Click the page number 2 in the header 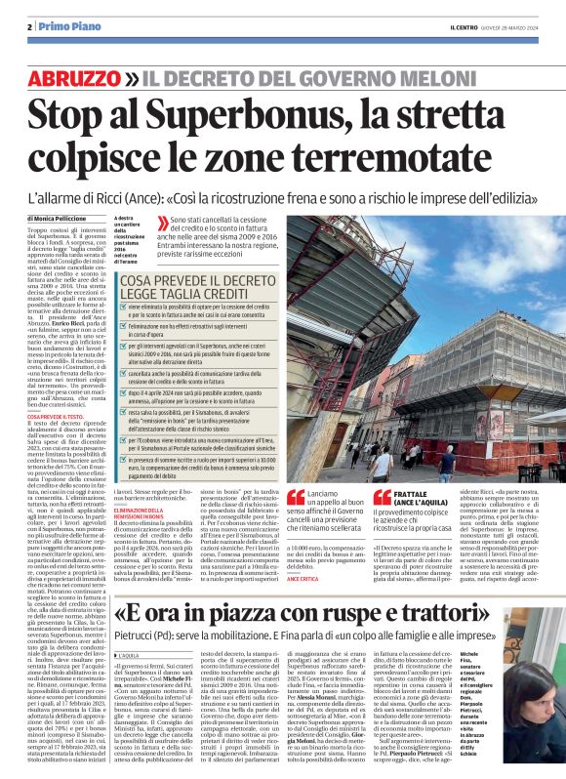pyautogui.click(x=30, y=25)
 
